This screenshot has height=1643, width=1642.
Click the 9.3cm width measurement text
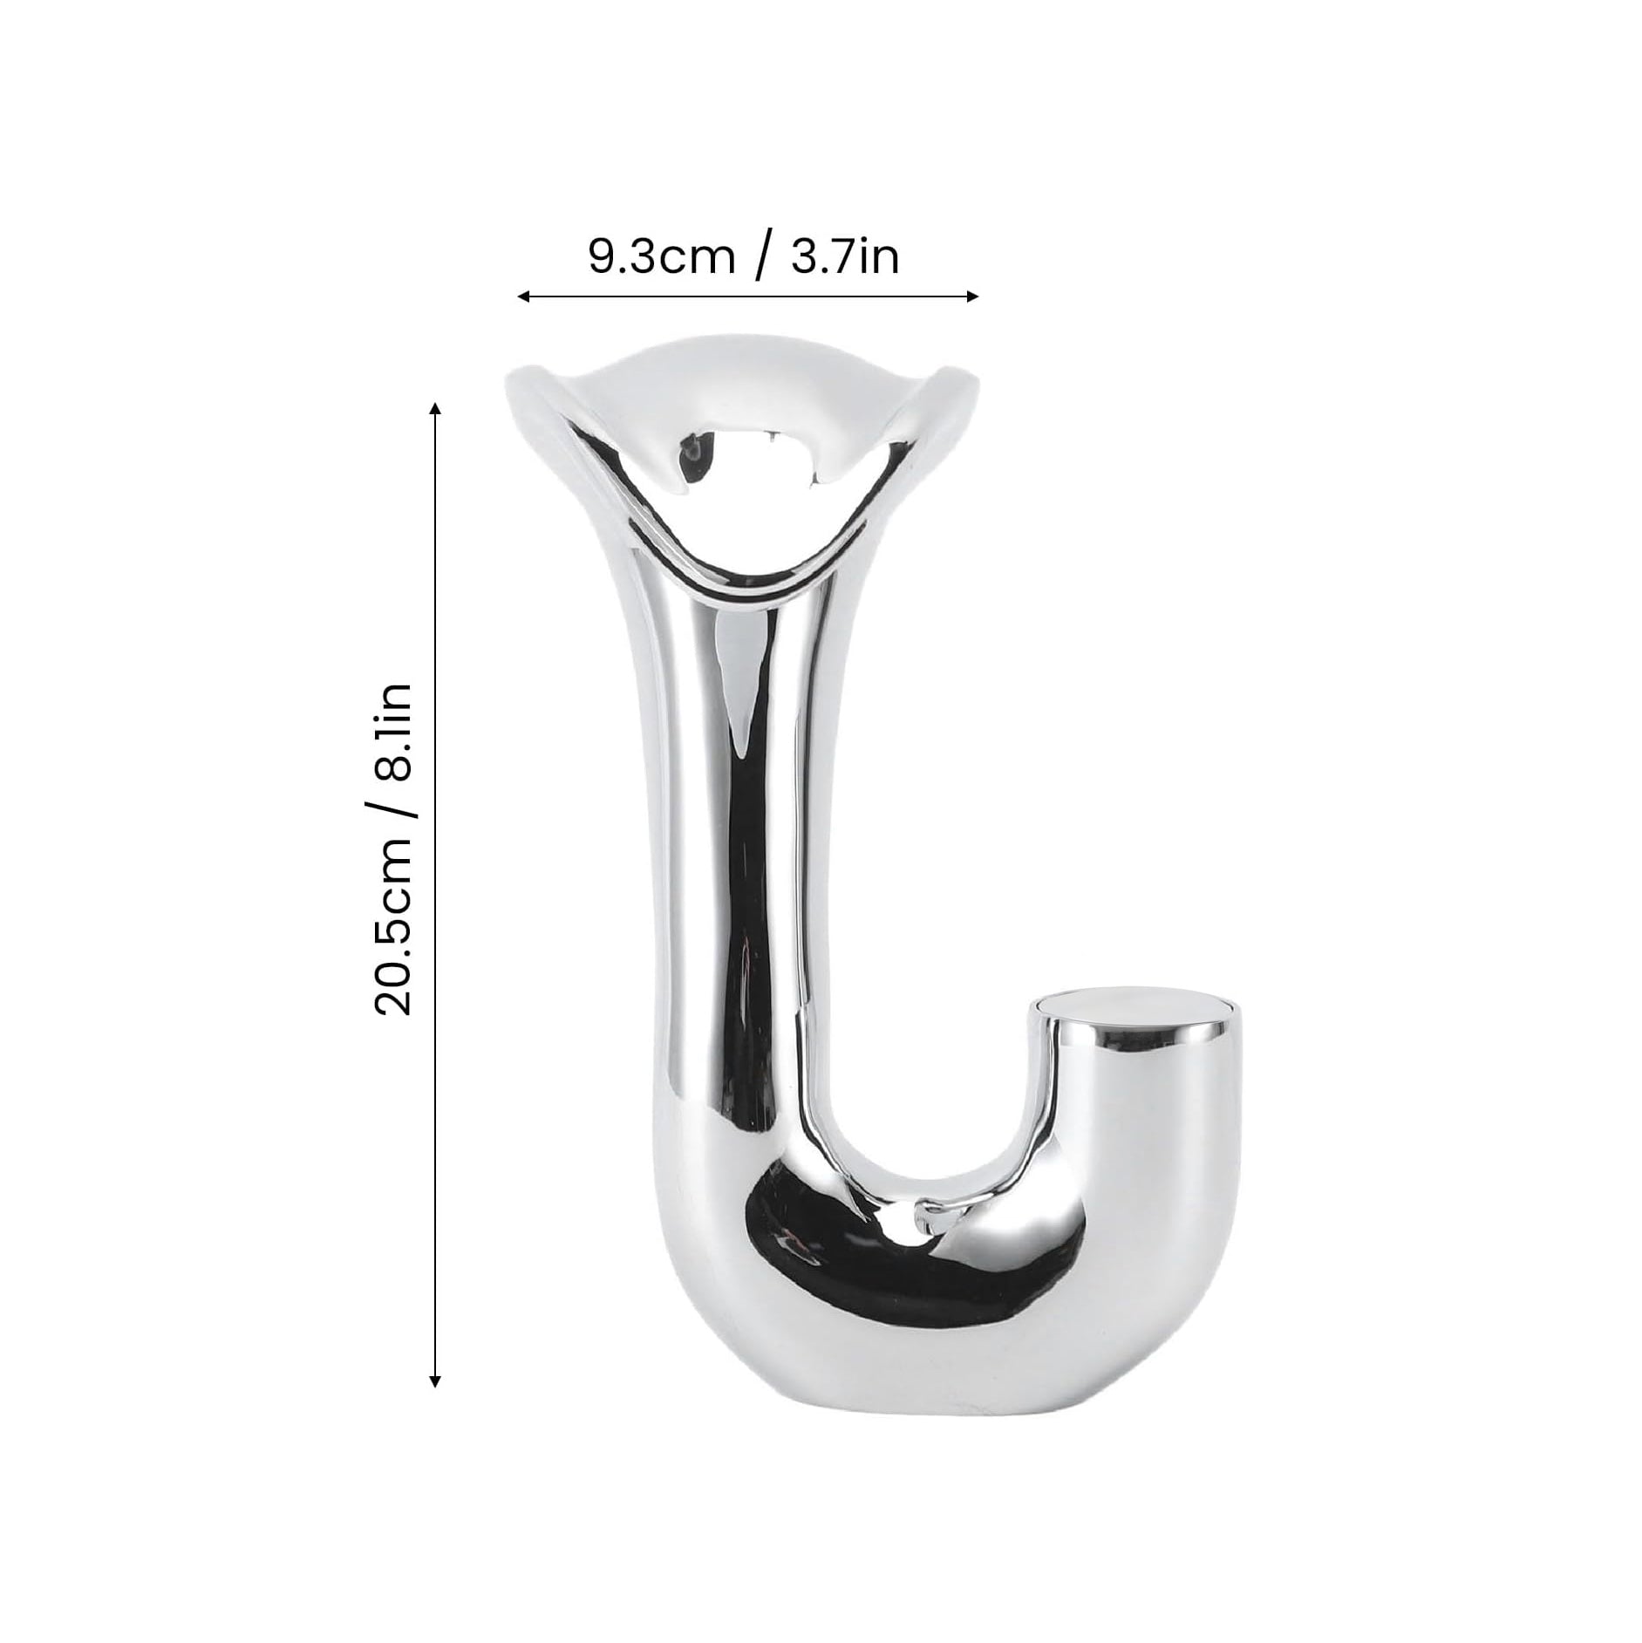[662, 258]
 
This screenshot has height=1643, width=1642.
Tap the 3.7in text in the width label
[844, 258]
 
